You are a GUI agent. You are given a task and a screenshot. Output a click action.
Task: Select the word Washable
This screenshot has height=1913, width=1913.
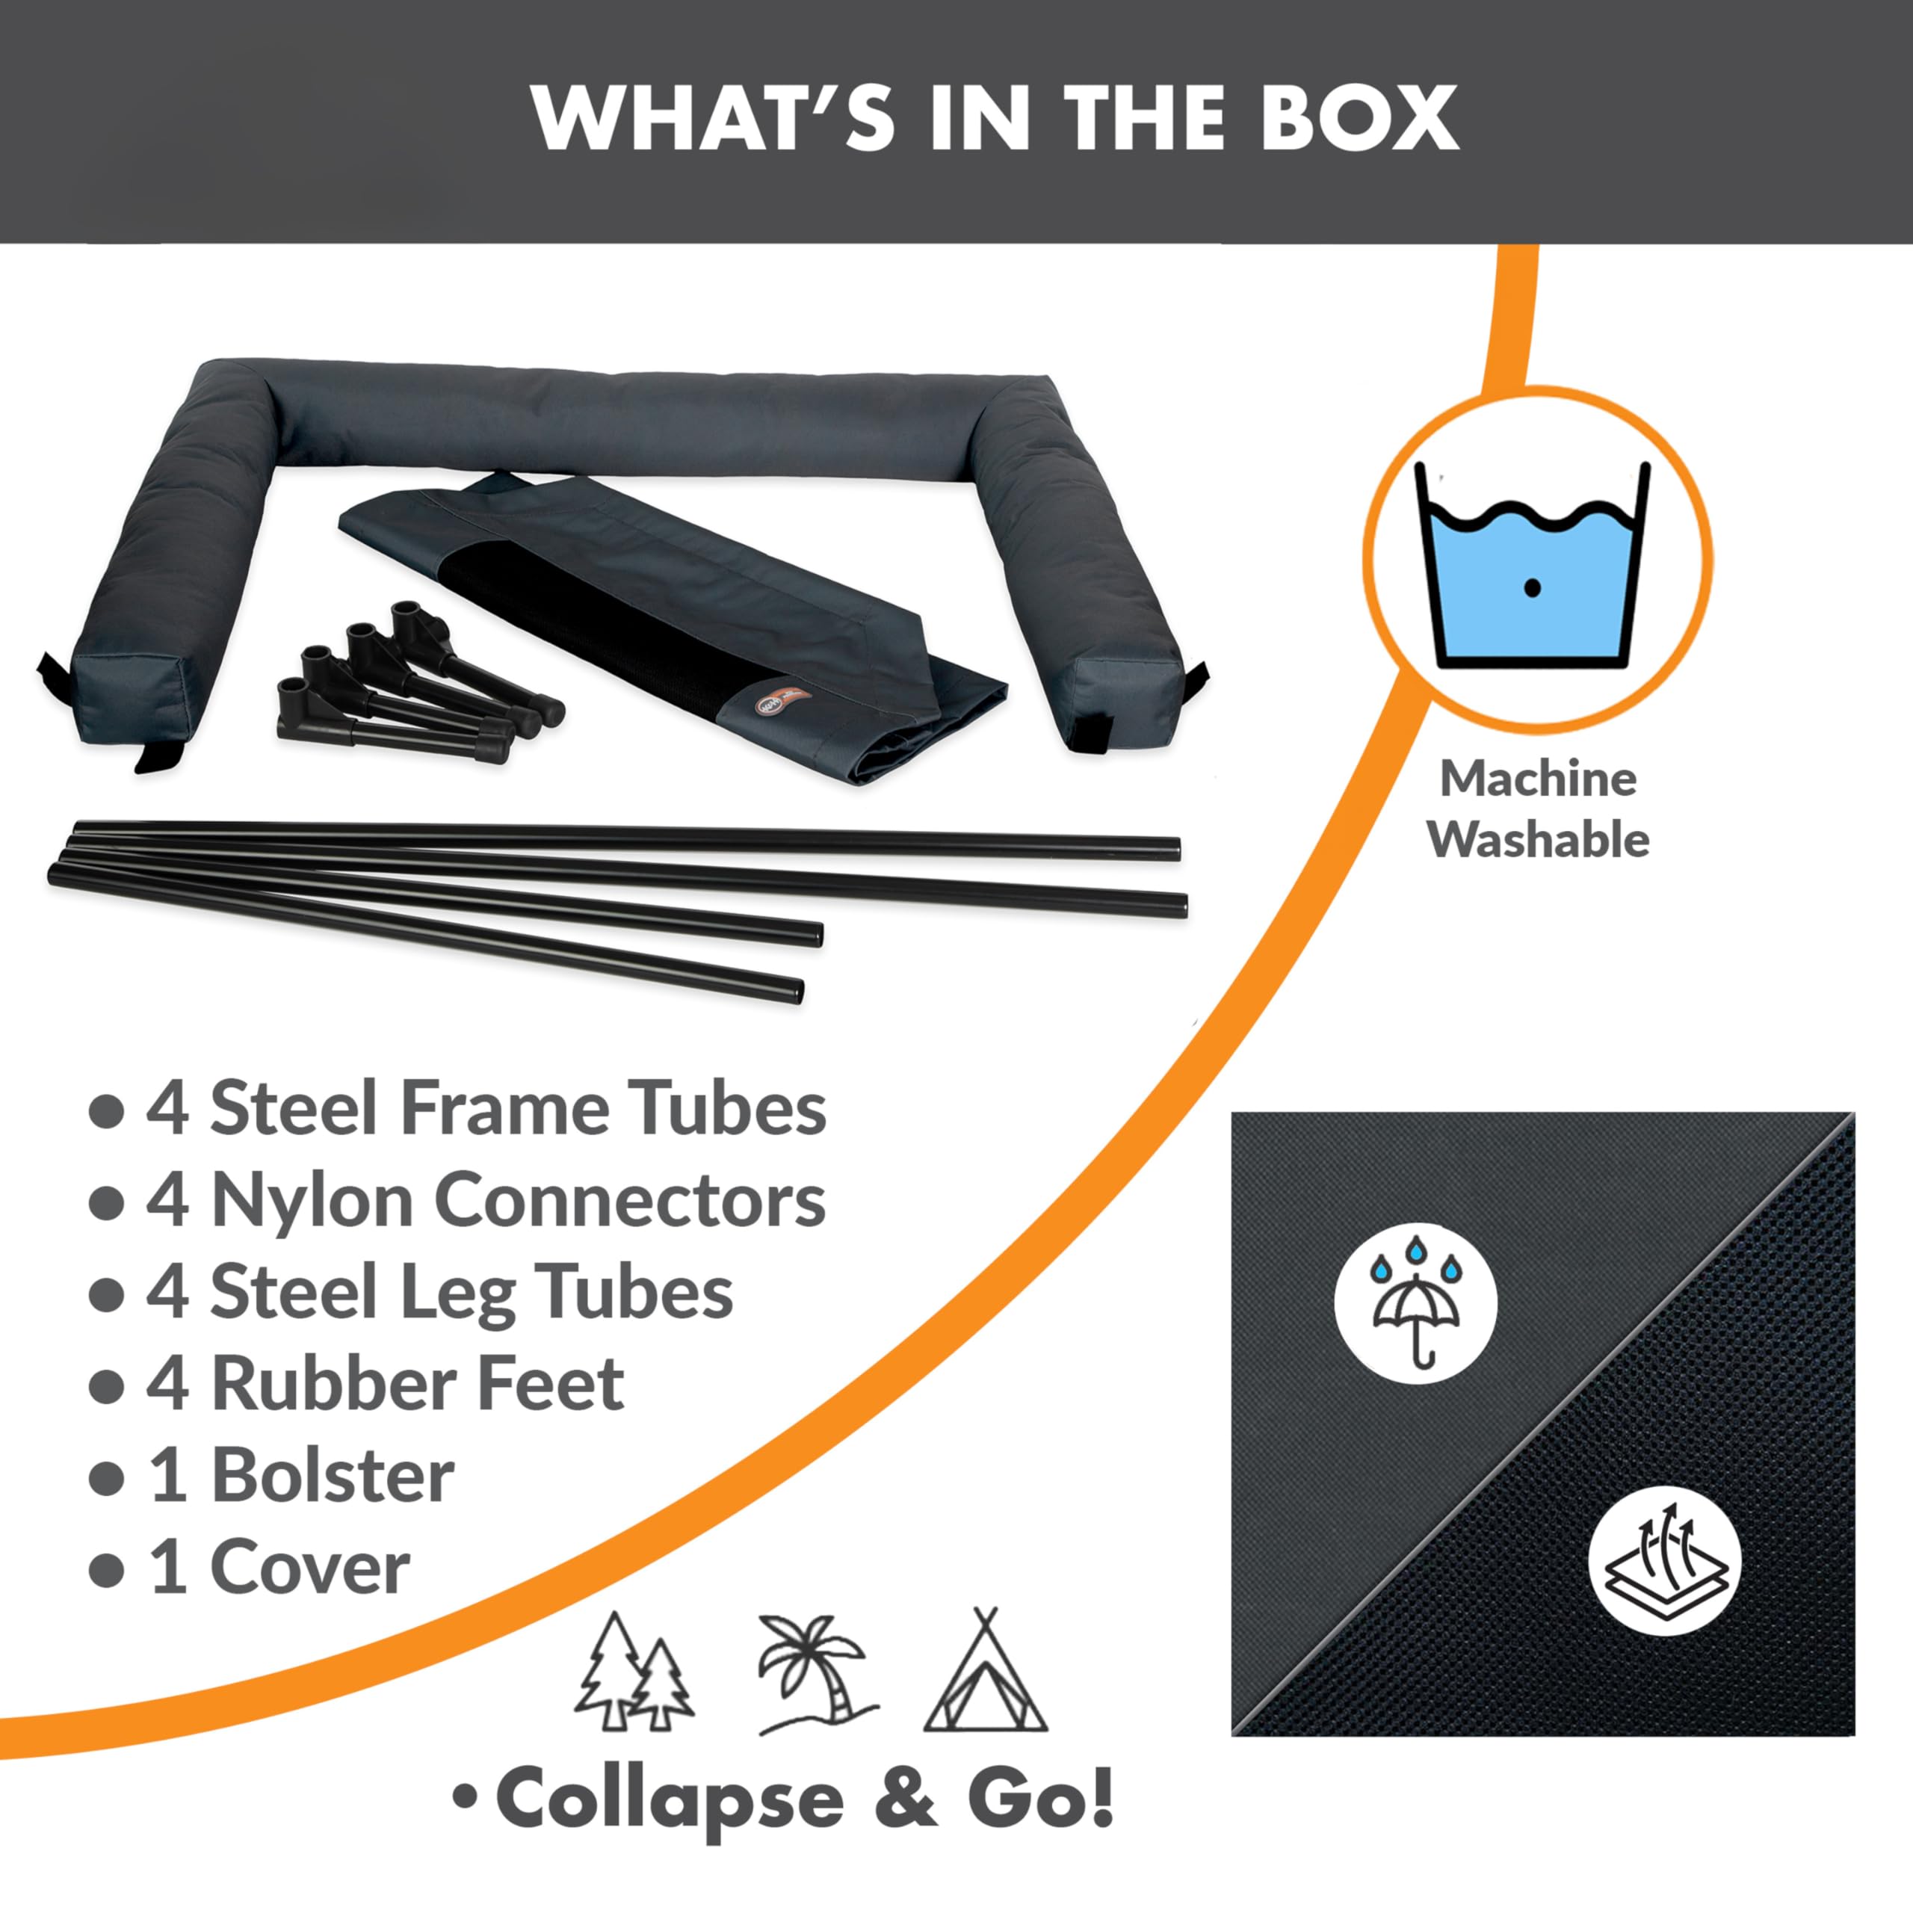[x=1538, y=840]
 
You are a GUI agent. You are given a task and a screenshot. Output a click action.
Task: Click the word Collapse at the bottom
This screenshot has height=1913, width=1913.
[x=670, y=1800]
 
